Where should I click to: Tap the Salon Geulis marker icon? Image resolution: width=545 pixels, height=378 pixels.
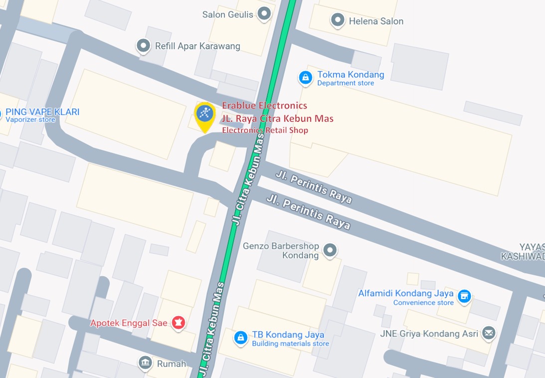click(264, 13)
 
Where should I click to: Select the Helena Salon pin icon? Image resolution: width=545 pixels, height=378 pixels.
click(338, 20)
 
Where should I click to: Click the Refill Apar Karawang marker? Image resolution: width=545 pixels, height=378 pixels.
click(144, 46)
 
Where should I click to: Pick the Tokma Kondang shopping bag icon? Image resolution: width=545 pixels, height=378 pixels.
click(305, 77)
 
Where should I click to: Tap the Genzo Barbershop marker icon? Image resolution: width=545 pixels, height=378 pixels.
click(330, 250)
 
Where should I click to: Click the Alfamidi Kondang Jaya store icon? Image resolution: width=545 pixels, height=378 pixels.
click(464, 296)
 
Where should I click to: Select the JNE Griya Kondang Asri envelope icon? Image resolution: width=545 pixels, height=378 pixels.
click(489, 333)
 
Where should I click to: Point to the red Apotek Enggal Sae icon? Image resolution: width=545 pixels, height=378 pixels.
click(178, 323)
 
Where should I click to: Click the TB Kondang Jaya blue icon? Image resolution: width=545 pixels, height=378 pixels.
click(241, 338)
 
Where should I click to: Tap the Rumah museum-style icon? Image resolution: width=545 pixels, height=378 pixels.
click(145, 363)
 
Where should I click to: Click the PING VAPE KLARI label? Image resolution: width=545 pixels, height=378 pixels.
click(42, 112)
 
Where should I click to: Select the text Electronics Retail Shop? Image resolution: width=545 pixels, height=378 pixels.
click(265, 130)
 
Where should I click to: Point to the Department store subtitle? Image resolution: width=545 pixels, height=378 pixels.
click(346, 83)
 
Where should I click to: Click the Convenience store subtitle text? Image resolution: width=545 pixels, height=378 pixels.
click(423, 303)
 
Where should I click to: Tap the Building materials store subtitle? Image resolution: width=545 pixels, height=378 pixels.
click(290, 344)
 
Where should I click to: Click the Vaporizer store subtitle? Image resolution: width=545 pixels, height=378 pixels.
click(30, 120)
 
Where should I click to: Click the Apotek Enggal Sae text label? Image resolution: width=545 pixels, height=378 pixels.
click(129, 323)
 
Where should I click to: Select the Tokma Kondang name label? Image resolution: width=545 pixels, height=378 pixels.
click(351, 75)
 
